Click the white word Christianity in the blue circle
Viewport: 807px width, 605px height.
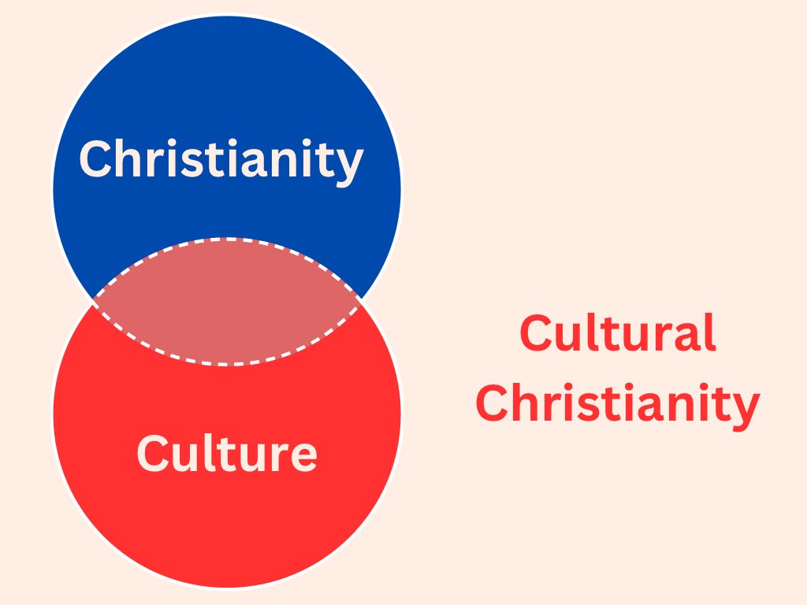coord(221,159)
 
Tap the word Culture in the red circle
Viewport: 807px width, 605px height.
coord(227,454)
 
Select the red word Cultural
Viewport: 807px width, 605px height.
coord(618,333)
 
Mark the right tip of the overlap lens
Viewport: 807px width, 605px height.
coord(360,300)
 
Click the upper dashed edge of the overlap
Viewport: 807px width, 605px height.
coord(227,239)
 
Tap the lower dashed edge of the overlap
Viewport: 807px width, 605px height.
coord(227,364)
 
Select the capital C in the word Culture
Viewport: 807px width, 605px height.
coord(153,454)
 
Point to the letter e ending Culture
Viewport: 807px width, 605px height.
coord(304,457)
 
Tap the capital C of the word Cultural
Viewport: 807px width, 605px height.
coord(535,333)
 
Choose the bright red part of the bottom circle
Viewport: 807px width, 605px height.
coord(227,536)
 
